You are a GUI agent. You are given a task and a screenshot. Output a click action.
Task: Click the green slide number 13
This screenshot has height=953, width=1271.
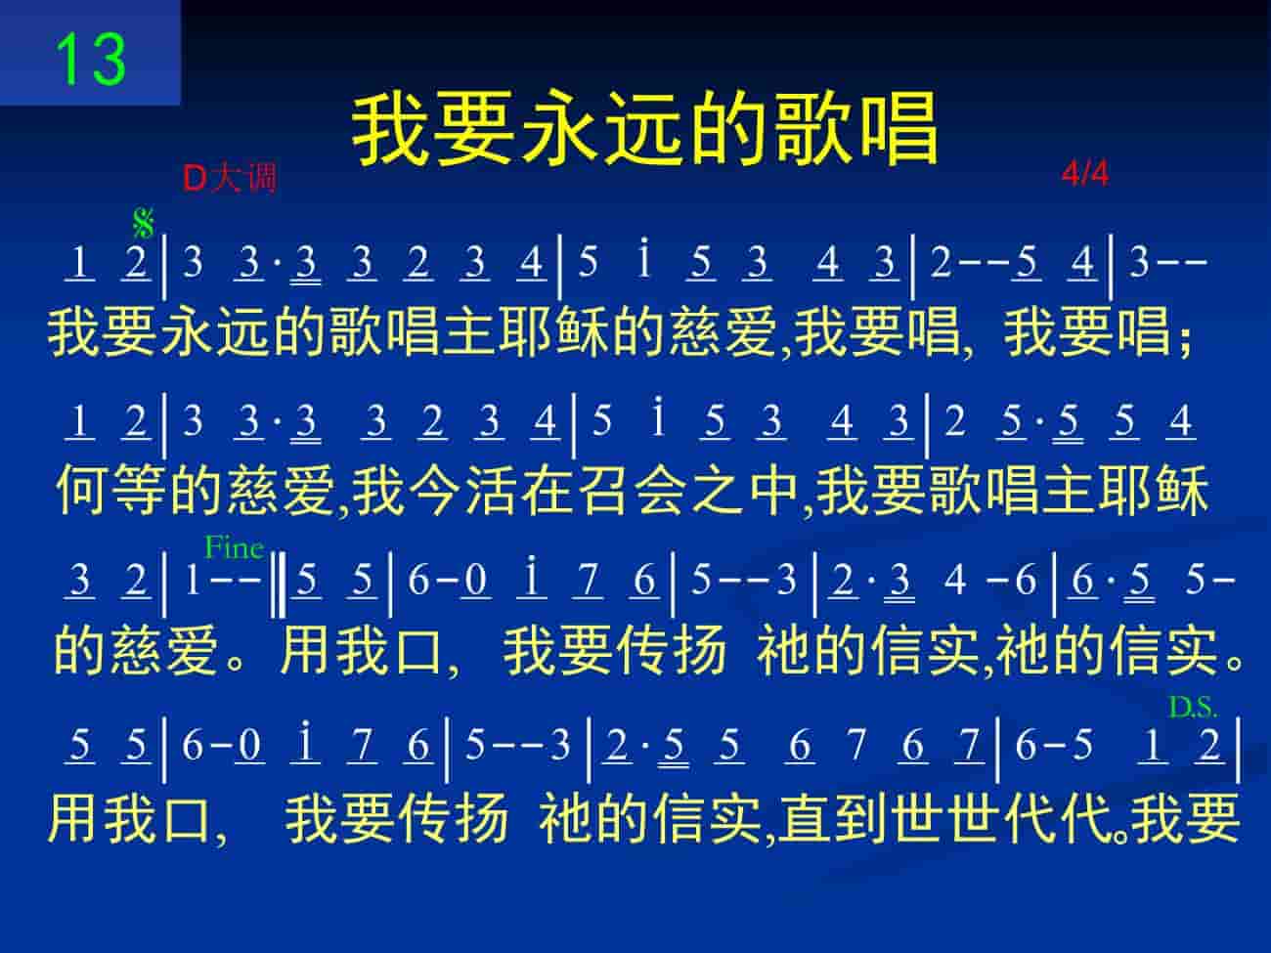click(x=90, y=59)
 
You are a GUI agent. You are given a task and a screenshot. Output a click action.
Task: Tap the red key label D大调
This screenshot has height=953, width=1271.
click(x=230, y=178)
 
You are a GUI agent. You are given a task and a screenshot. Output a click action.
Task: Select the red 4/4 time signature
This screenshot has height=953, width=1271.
click(x=1085, y=174)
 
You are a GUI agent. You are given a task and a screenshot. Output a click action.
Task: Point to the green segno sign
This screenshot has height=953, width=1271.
click(x=144, y=224)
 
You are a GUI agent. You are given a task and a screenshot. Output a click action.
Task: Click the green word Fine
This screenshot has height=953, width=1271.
click(x=235, y=547)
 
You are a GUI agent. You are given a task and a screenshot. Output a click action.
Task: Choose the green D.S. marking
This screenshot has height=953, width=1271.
click(x=1193, y=707)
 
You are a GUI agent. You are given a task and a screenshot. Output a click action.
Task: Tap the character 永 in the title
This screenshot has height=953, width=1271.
click(x=561, y=129)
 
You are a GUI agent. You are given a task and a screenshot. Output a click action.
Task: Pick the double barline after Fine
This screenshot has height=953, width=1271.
click(x=278, y=585)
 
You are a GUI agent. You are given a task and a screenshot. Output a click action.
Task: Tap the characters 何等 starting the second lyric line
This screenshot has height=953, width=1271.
click(x=111, y=490)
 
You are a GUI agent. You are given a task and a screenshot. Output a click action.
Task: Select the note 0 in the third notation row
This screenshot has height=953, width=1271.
click(x=476, y=580)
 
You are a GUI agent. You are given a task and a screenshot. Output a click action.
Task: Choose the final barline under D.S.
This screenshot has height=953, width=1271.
click(x=1238, y=750)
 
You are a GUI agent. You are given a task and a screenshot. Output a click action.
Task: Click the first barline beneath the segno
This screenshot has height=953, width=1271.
click(x=164, y=265)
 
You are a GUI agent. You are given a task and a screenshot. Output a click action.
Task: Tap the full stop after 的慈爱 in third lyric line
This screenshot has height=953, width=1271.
click(x=235, y=660)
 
